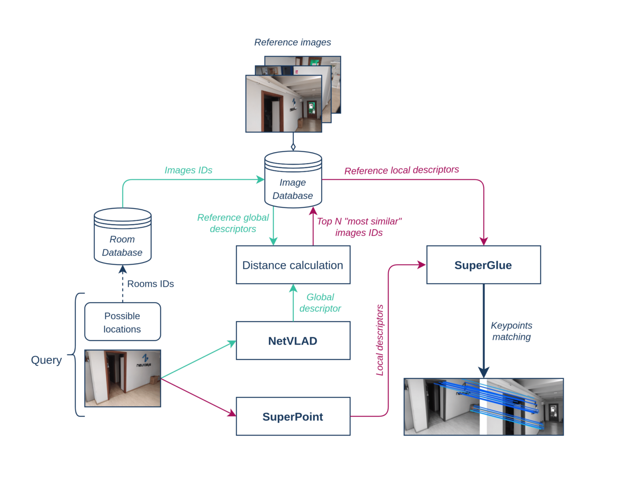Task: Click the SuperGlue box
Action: pos(483,265)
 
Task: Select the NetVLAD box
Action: pos(293,341)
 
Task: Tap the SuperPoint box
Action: pos(293,416)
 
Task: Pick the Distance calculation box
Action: pos(293,265)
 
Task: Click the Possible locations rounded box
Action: pos(122,322)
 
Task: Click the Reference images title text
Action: pos(292,42)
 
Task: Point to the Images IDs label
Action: pos(188,170)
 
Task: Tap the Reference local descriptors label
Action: pos(401,170)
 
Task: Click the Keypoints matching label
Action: pos(511,331)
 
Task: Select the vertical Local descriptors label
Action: pos(380,340)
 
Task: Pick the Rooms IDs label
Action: pos(150,284)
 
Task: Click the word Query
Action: pos(46,360)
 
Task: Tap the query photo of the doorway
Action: pos(122,378)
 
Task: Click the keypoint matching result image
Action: pos(483,406)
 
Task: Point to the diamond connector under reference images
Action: pos(293,147)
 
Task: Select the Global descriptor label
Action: pos(320,303)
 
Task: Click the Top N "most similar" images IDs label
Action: pos(359,227)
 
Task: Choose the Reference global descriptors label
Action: pos(232,223)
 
